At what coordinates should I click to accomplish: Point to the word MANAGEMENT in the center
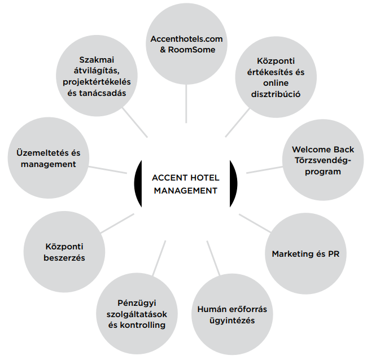(185, 191)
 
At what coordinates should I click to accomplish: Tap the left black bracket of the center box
(137, 183)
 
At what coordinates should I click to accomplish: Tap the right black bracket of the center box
(234, 183)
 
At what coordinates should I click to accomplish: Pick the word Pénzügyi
(132, 302)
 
